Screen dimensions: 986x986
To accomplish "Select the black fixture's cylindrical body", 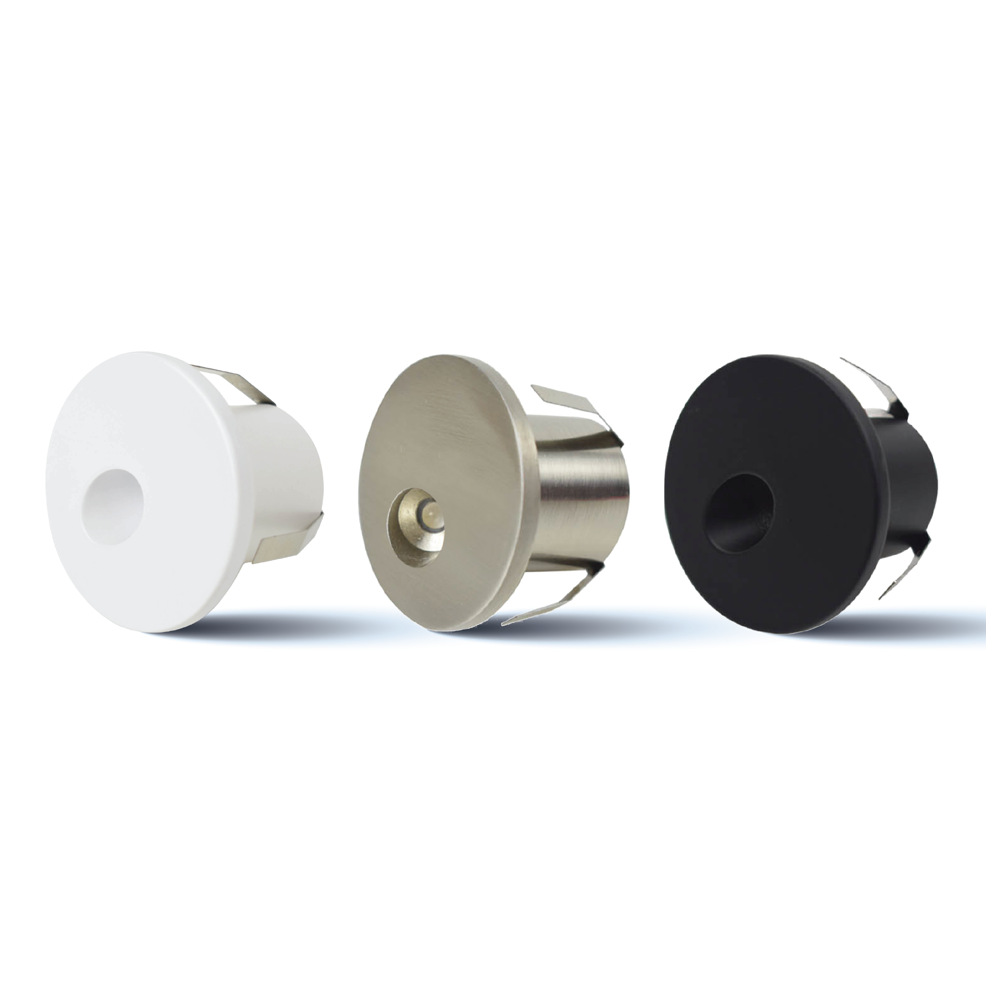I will coord(914,485).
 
